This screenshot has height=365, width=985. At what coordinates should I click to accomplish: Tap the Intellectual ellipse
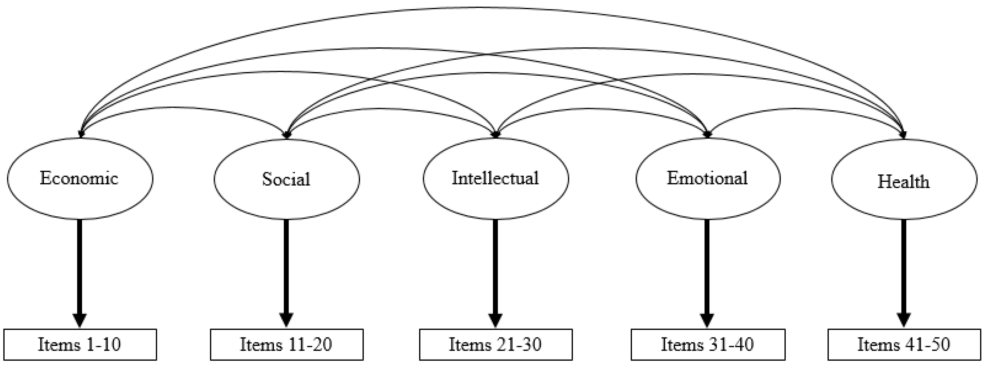(495, 178)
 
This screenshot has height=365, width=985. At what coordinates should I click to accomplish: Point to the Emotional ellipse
(707, 178)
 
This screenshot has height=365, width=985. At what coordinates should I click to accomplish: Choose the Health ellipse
(903, 180)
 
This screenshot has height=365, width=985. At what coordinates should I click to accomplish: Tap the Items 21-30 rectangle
(495, 344)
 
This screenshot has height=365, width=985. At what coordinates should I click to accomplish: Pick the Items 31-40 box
(707, 344)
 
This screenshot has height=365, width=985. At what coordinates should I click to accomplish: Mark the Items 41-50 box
(904, 344)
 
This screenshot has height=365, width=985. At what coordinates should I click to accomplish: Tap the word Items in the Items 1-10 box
(59, 344)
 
